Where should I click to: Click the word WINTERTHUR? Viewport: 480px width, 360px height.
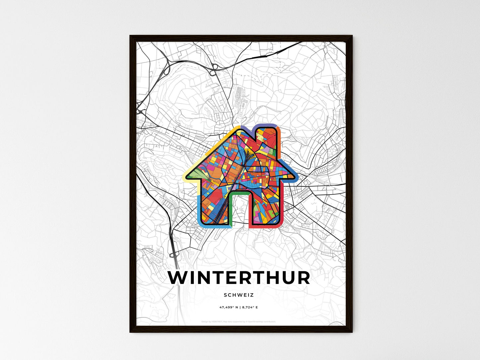(x=239, y=278)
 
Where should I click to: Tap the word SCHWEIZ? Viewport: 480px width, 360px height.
(x=239, y=295)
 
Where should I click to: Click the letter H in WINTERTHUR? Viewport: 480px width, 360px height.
(x=268, y=278)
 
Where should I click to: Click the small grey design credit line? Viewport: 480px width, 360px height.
(x=239, y=321)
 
